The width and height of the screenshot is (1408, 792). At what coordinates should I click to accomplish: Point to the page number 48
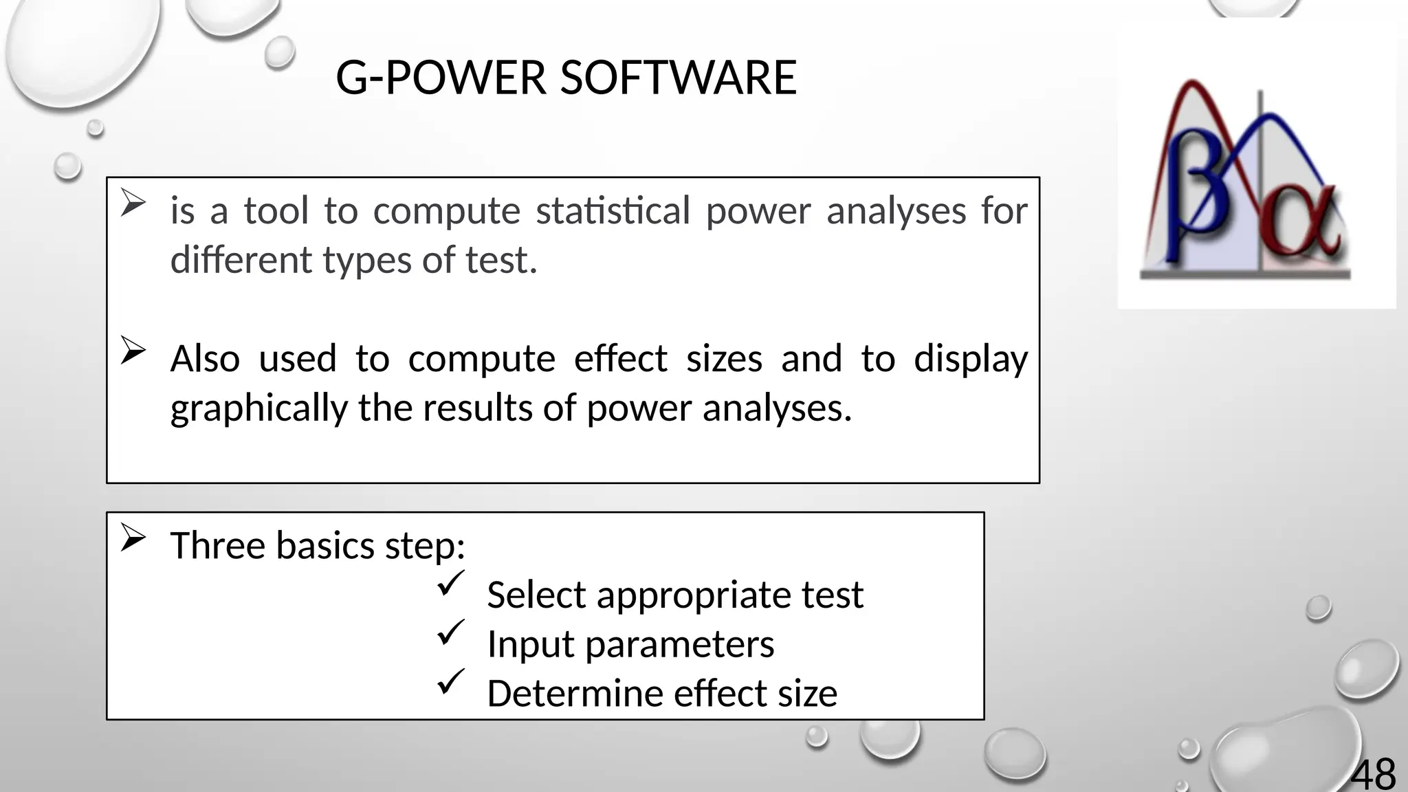(1373, 774)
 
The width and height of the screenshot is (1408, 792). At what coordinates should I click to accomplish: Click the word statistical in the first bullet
(613, 210)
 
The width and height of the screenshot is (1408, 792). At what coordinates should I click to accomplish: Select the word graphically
(259, 408)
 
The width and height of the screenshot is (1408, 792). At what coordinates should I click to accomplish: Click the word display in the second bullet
(970, 359)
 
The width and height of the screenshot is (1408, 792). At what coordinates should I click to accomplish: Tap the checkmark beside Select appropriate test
(450, 584)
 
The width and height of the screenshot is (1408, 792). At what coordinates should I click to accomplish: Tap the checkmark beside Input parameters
(450, 632)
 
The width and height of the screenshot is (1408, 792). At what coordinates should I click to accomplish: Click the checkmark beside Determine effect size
(450, 682)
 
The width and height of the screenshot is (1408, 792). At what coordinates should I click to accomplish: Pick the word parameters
(679, 645)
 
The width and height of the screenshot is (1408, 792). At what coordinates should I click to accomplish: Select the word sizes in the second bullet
(724, 359)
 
